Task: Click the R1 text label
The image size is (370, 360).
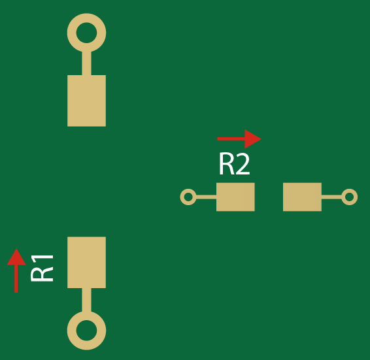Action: (42, 267)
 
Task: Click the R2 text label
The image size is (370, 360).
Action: (234, 165)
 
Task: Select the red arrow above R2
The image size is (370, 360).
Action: (239, 139)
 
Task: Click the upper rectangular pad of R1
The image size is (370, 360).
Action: (86, 101)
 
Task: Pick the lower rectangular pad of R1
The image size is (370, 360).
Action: (86, 262)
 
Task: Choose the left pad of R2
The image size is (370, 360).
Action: (235, 197)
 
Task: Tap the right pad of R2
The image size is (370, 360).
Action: (302, 197)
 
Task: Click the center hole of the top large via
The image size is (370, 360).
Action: (86, 33)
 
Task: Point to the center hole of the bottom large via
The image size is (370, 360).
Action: (86, 330)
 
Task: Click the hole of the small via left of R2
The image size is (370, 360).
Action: (188, 197)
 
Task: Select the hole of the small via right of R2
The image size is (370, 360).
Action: (350, 197)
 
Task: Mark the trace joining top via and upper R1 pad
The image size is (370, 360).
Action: (86, 63)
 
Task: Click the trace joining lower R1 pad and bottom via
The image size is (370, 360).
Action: (86, 300)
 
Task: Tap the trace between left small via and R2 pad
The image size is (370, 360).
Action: (206, 197)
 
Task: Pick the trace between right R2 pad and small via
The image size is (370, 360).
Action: (332, 197)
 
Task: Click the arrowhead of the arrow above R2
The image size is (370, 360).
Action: (253, 139)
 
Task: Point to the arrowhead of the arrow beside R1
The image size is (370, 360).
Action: (16, 257)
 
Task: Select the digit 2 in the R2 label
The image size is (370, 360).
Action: (243, 165)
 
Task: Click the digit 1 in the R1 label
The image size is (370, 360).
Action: (42, 257)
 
